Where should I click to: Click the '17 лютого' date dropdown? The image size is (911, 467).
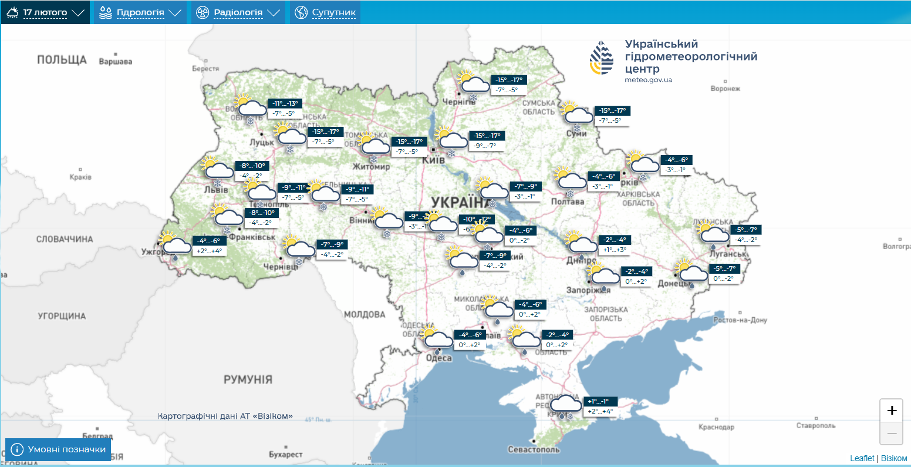coord(45,12)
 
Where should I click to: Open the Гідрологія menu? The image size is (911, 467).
coord(140,12)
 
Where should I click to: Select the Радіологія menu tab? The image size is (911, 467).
coord(238,12)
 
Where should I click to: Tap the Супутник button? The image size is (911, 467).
coord(325,12)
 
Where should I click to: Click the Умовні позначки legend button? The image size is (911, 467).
coord(58,449)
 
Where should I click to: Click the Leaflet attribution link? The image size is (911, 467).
coord(862,458)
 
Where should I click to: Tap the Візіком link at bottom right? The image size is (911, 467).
coord(894,458)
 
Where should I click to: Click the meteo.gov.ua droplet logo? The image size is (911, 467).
coord(602,58)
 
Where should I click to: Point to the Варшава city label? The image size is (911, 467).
coord(116,62)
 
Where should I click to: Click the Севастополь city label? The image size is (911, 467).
coord(534,449)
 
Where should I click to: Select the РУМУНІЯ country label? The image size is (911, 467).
coord(248,379)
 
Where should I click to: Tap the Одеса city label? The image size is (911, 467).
coord(438,358)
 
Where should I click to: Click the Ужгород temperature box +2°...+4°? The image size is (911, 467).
coord(210,251)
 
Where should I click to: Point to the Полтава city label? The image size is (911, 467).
coord(568,201)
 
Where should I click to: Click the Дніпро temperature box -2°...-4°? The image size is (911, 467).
coord(615,240)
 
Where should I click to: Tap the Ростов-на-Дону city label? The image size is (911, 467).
coord(740,320)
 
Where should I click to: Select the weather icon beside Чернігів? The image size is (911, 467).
coord(473,83)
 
